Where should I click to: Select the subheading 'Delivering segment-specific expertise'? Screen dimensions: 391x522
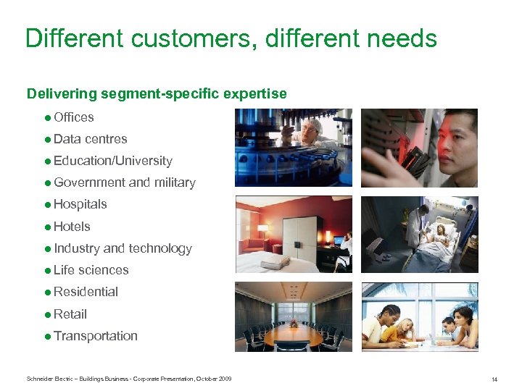[157, 93]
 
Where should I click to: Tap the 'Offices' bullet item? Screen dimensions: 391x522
[73, 117]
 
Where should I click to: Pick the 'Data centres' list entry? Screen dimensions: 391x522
[90, 139]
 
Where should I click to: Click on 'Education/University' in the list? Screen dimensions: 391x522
[112, 161]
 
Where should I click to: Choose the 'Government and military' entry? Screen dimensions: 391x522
[124, 182]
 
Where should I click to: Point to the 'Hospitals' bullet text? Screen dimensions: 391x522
[80, 204]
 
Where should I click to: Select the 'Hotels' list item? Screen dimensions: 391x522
[72, 227]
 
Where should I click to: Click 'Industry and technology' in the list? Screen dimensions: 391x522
[123, 248]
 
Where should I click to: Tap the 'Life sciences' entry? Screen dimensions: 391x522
[91, 270]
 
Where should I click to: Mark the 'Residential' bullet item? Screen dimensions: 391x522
[86, 292]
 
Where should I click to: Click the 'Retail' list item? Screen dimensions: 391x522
[70, 314]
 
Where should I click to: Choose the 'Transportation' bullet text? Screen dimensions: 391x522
[95, 336]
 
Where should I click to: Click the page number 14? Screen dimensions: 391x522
[494, 379]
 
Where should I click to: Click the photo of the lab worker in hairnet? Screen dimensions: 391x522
[293, 148]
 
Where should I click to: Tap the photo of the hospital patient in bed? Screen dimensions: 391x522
[420, 234]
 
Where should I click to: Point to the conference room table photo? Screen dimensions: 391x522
[293, 316]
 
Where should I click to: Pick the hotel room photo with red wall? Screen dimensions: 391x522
[293, 234]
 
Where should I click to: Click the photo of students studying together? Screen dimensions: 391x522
[420, 316]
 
